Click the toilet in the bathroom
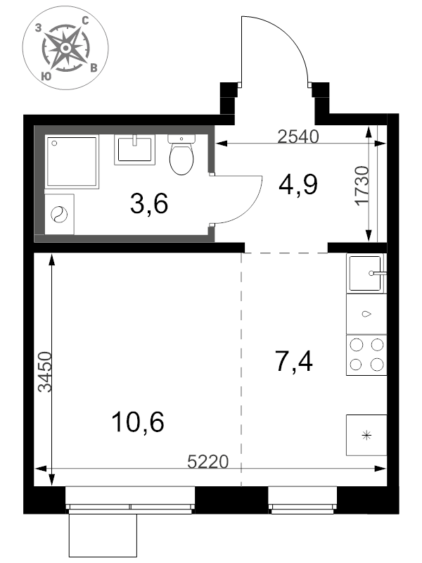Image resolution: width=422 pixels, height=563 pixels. point(181,154)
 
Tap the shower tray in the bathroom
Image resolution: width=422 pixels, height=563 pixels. point(72,162)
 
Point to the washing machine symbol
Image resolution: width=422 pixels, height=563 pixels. point(59,215)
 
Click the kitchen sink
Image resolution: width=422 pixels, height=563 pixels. point(366,273)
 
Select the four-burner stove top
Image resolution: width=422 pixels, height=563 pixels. point(366,355)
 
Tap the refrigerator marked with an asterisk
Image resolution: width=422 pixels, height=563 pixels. point(366,436)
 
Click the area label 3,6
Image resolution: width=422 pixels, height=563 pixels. point(149,203)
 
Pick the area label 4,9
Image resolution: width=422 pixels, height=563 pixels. point(298,184)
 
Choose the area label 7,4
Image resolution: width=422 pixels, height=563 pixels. point(293,361)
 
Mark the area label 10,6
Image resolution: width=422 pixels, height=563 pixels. point(138,422)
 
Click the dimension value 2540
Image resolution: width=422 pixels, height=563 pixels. point(298,137)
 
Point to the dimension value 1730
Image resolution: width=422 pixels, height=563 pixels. point(362,185)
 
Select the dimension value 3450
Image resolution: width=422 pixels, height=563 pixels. point(46,372)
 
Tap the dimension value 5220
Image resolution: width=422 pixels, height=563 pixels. point(208,462)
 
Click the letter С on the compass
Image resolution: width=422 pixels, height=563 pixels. point(85,21)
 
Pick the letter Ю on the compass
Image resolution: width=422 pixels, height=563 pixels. point(46,76)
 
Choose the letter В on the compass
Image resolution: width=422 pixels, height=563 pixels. point(94,68)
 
